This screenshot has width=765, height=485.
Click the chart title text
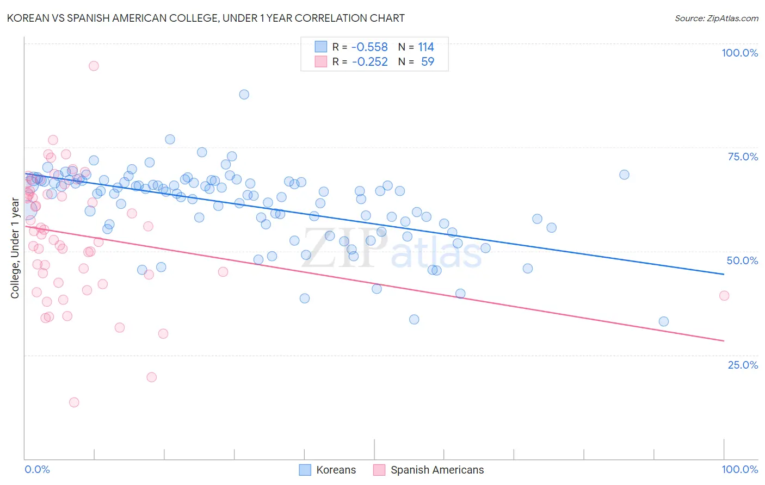pos(206,18)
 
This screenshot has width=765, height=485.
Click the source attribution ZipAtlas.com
pos(716,18)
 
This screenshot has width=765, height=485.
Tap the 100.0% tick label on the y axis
pos(739,53)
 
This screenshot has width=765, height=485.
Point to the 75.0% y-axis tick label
pos(743,157)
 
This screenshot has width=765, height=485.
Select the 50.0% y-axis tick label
pos(742,260)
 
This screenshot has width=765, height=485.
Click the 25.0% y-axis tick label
pos(743,365)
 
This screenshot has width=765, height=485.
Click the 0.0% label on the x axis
pos(37,469)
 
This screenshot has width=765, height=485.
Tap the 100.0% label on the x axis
pos(739,469)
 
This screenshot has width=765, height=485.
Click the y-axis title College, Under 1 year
pos(15,248)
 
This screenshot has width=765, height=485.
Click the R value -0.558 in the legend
pos(369,47)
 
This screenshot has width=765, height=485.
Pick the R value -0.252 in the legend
pos(369,61)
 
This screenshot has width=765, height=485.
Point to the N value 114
pos(426,47)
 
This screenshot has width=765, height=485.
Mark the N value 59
pos(428,61)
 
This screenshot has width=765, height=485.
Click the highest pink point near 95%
pos(94,66)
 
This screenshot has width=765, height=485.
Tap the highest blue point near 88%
pos(244,95)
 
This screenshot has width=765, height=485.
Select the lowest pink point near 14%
pos(74,402)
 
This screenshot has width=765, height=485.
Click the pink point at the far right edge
pos(724,296)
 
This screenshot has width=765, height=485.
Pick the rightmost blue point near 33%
pos(664,321)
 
